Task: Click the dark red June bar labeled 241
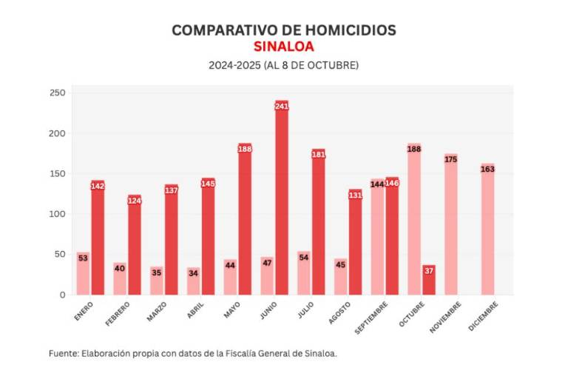282,200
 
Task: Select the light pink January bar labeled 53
83,274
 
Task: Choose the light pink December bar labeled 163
487,229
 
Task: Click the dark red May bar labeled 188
245,219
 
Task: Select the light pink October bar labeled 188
414,219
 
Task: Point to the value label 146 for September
392,183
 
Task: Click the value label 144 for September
377,184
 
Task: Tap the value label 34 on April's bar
193,272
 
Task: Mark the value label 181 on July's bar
318,154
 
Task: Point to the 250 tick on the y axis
58,93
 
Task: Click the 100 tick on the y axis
58,214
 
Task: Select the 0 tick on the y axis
62,295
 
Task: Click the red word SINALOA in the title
283,47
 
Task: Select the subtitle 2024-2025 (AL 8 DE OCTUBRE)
283,65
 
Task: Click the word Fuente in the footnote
63,353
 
